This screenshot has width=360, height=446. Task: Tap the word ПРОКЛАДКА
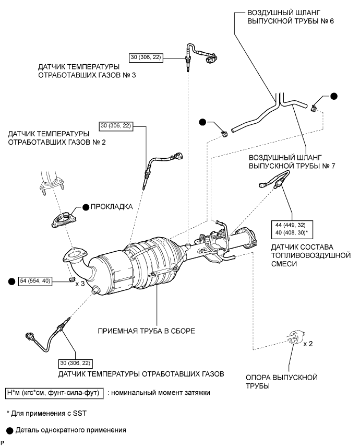pyautogui.click(x=112, y=206)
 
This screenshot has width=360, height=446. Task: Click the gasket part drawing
pyautogui.click(x=64, y=219)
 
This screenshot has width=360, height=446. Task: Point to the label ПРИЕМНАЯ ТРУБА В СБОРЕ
pyautogui.click(x=146, y=331)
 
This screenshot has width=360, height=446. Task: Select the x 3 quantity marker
pyautogui.click(x=80, y=284)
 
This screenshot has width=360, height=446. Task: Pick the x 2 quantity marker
pyautogui.click(x=308, y=344)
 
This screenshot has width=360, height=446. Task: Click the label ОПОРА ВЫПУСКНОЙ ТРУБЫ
pyautogui.click(x=282, y=382)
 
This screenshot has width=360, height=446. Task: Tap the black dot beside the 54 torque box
pyautogui.click(x=11, y=281)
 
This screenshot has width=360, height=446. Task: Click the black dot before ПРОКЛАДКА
pyautogui.click(x=86, y=207)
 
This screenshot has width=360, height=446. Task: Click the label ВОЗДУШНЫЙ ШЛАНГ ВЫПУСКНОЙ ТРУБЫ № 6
pyautogui.click(x=291, y=17)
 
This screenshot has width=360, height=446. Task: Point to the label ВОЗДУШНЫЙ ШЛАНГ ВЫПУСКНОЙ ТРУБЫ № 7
pyautogui.click(x=292, y=161)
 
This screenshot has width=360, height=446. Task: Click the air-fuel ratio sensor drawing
pyautogui.click(x=275, y=181)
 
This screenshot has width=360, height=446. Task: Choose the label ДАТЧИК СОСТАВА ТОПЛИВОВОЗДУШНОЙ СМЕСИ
pyautogui.click(x=311, y=255)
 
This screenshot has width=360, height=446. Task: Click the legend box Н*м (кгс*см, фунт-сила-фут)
pyautogui.click(x=54, y=393)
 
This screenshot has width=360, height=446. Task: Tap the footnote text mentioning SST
pyautogui.click(x=46, y=413)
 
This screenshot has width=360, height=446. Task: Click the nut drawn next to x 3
pyautogui.click(x=72, y=278)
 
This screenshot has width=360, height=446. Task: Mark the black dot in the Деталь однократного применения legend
pyautogui.click(x=10, y=431)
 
